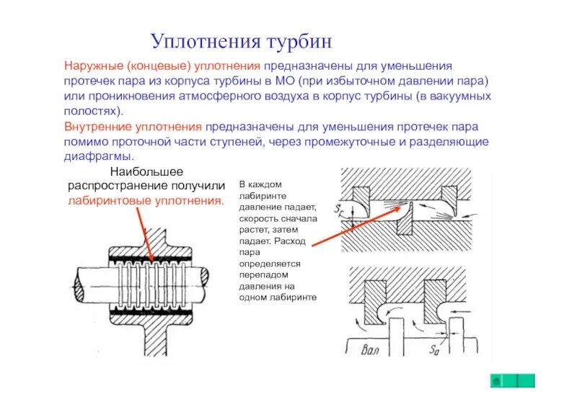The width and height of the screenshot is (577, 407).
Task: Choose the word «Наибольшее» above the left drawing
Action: (x=146, y=171)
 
